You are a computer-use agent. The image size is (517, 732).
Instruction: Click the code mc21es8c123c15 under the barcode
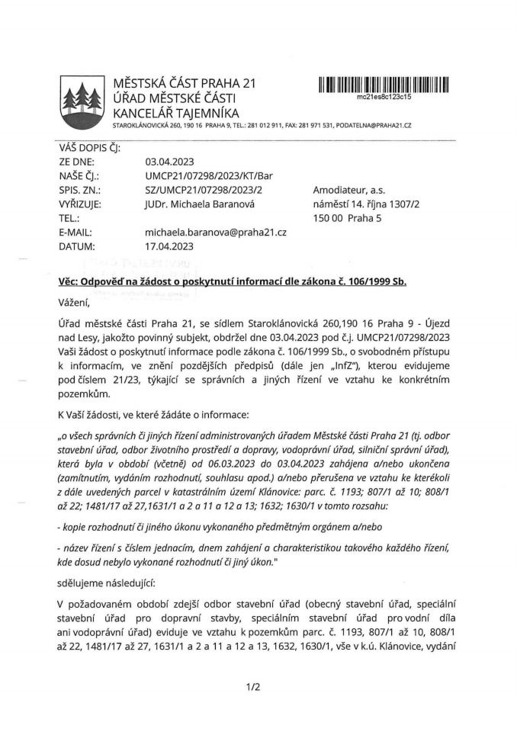(384, 98)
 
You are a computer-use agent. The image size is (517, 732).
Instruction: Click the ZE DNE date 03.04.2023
(169, 162)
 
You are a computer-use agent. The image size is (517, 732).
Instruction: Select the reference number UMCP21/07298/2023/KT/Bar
(208, 176)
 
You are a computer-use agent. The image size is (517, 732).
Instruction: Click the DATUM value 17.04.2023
(169, 246)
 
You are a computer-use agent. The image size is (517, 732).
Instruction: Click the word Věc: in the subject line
(71, 280)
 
